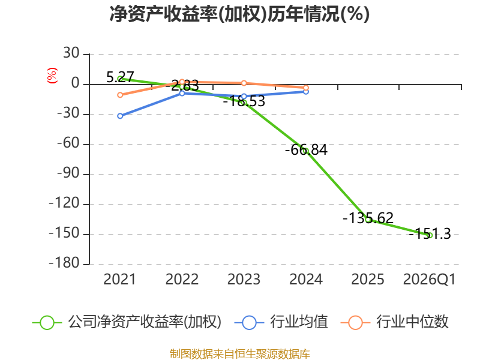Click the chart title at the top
point(239,14)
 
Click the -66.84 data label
point(306,149)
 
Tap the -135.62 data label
point(368,218)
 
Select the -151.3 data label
point(430,234)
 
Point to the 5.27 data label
point(120,77)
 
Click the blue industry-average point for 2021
point(120,116)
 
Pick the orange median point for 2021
point(120,95)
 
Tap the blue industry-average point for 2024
point(306,92)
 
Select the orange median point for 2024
point(306,88)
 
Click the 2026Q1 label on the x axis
point(430,279)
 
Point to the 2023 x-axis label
point(244,279)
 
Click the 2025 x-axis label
point(368,279)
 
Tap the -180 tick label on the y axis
point(64,263)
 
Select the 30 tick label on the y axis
point(71,53)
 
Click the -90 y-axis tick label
point(68,173)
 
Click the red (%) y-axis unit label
point(52,76)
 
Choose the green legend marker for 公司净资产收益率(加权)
point(47,323)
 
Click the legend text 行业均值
point(299,322)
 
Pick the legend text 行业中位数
point(412,322)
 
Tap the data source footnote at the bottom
point(240,354)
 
